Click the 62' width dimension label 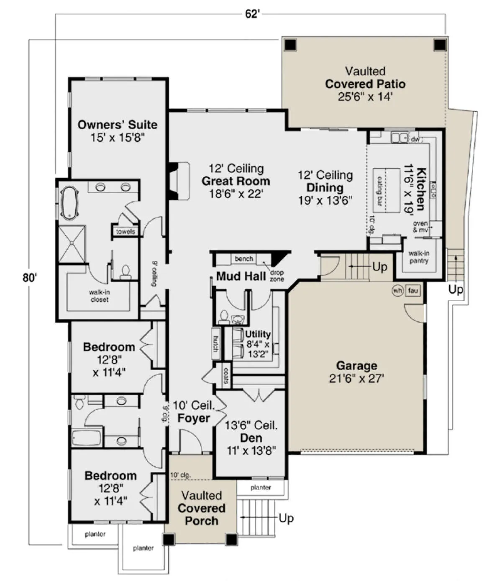[x=251, y=14]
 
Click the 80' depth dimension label [x=30, y=277]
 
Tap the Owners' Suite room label [x=117, y=125]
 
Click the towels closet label [x=125, y=231]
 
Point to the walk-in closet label [x=100, y=296]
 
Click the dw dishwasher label [x=415, y=139]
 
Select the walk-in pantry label [x=419, y=257]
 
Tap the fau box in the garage [x=413, y=290]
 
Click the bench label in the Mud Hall [x=244, y=259]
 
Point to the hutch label [x=216, y=343]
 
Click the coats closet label [x=226, y=376]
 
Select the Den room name [x=251, y=438]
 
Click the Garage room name [x=357, y=366]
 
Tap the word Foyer [x=194, y=418]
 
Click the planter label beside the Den [x=261, y=487]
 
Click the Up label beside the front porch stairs [x=286, y=518]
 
